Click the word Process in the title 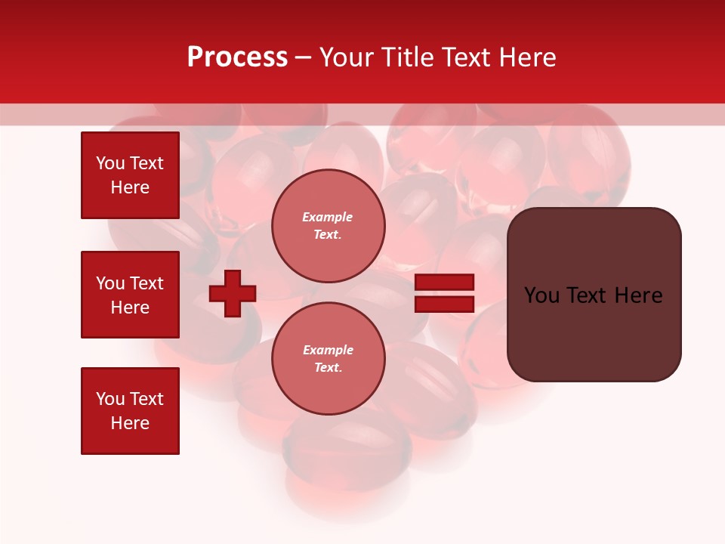[x=237, y=57]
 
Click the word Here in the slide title [x=526, y=57]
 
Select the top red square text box [x=130, y=175]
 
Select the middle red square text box [x=130, y=295]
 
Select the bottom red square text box [x=130, y=410]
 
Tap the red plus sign [x=233, y=293]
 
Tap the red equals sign [x=444, y=293]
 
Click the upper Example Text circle [x=328, y=226]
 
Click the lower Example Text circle [x=328, y=358]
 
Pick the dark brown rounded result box [x=594, y=295]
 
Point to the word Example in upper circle [x=327, y=218]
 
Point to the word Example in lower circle [x=327, y=350]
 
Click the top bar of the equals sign [x=444, y=283]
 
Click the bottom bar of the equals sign [x=444, y=304]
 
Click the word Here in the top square [x=130, y=187]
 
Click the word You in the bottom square [x=110, y=399]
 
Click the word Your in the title [x=347, y=57]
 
